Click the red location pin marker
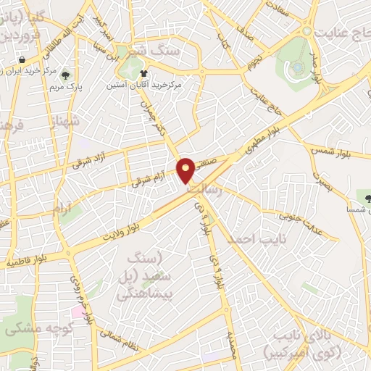coord(187,170)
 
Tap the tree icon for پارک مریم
coord(66,75)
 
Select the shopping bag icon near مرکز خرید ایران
coord(24,59)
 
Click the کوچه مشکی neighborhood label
coord(33,328)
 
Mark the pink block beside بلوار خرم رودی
coord(77,312)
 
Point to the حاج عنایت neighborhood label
coord(341,33)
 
